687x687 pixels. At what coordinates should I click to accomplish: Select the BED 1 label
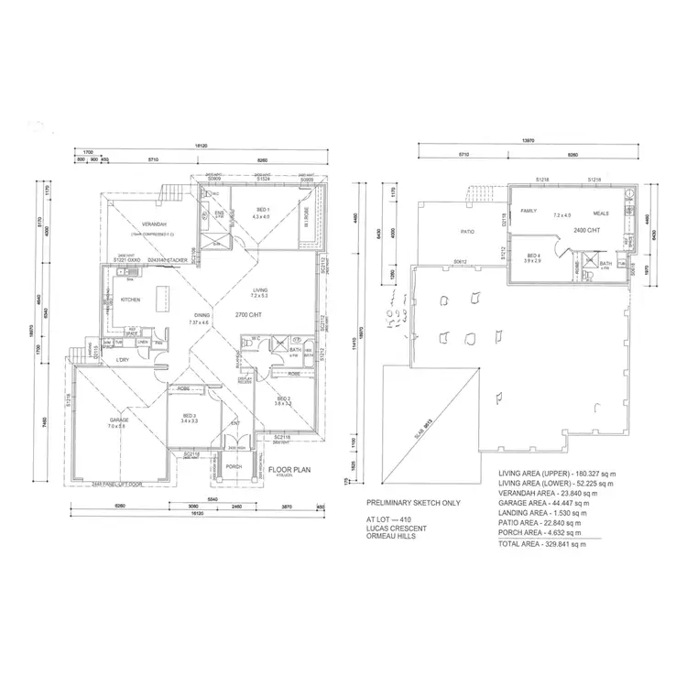261,211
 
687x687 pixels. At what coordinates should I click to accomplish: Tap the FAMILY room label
529,210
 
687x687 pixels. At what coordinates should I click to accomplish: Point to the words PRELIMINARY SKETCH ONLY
412,503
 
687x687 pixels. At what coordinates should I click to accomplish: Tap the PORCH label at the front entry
234,466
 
